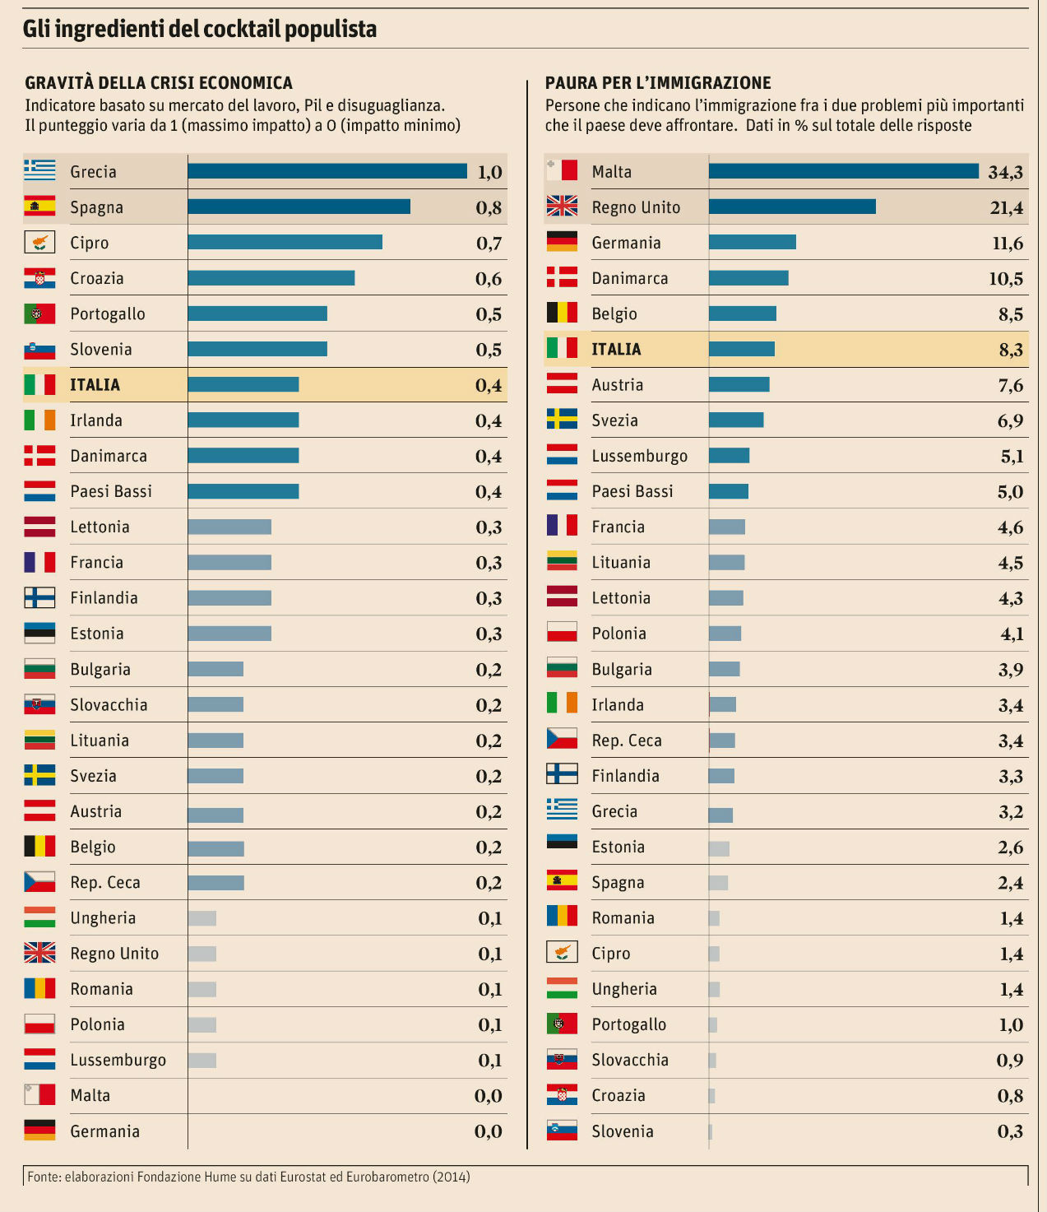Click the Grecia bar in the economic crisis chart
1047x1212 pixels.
pos(327,171)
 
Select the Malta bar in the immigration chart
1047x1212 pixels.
pos(844,171)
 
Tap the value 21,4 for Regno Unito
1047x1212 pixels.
pos(1006,207)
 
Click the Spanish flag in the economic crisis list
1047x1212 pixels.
pos(39,207)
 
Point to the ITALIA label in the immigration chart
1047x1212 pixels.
pos(616,349)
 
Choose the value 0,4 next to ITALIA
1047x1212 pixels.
pos(489,385)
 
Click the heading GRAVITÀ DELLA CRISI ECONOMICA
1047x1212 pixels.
pos(159,83)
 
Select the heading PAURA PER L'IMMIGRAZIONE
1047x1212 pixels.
pos(658,83)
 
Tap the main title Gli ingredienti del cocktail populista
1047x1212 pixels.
pos(200,30)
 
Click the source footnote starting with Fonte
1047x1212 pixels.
pos(248,1177)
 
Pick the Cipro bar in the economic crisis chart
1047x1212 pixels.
pos(285,242)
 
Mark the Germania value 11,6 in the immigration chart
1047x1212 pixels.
pos(1008,243)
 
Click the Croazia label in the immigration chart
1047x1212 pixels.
pos(618,1095)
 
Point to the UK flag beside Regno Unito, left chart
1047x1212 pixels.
pos(39,953)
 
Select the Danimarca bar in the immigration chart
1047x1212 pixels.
pos(748,278)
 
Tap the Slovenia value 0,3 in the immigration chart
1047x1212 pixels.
pos(1010,1131)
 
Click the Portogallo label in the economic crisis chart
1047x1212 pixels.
pos(108,313)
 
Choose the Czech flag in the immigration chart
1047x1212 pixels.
pos(562,739)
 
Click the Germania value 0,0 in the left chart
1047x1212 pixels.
pos(489,1131)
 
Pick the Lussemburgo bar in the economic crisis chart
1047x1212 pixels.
pos(202,1060)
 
